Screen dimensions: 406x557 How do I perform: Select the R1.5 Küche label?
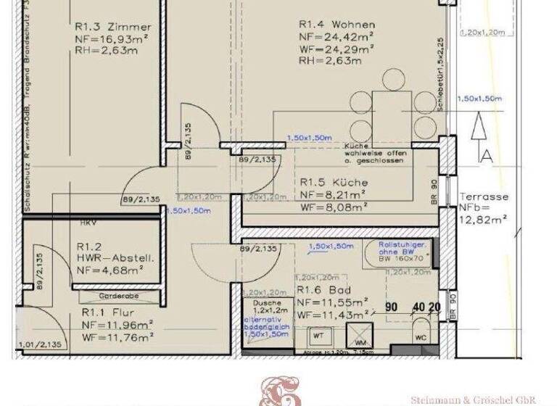pyautogui.click(x=334, y=183)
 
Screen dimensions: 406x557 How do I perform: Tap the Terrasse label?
pyautogui.click(x=484, y=196)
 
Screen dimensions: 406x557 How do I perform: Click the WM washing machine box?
pyautogui.click(x=360, y=337)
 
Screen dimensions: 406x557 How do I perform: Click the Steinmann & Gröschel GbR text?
pyautogui.click(x=473, y=399)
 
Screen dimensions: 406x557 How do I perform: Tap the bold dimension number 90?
pyautogui.click(x=391, y=307)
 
